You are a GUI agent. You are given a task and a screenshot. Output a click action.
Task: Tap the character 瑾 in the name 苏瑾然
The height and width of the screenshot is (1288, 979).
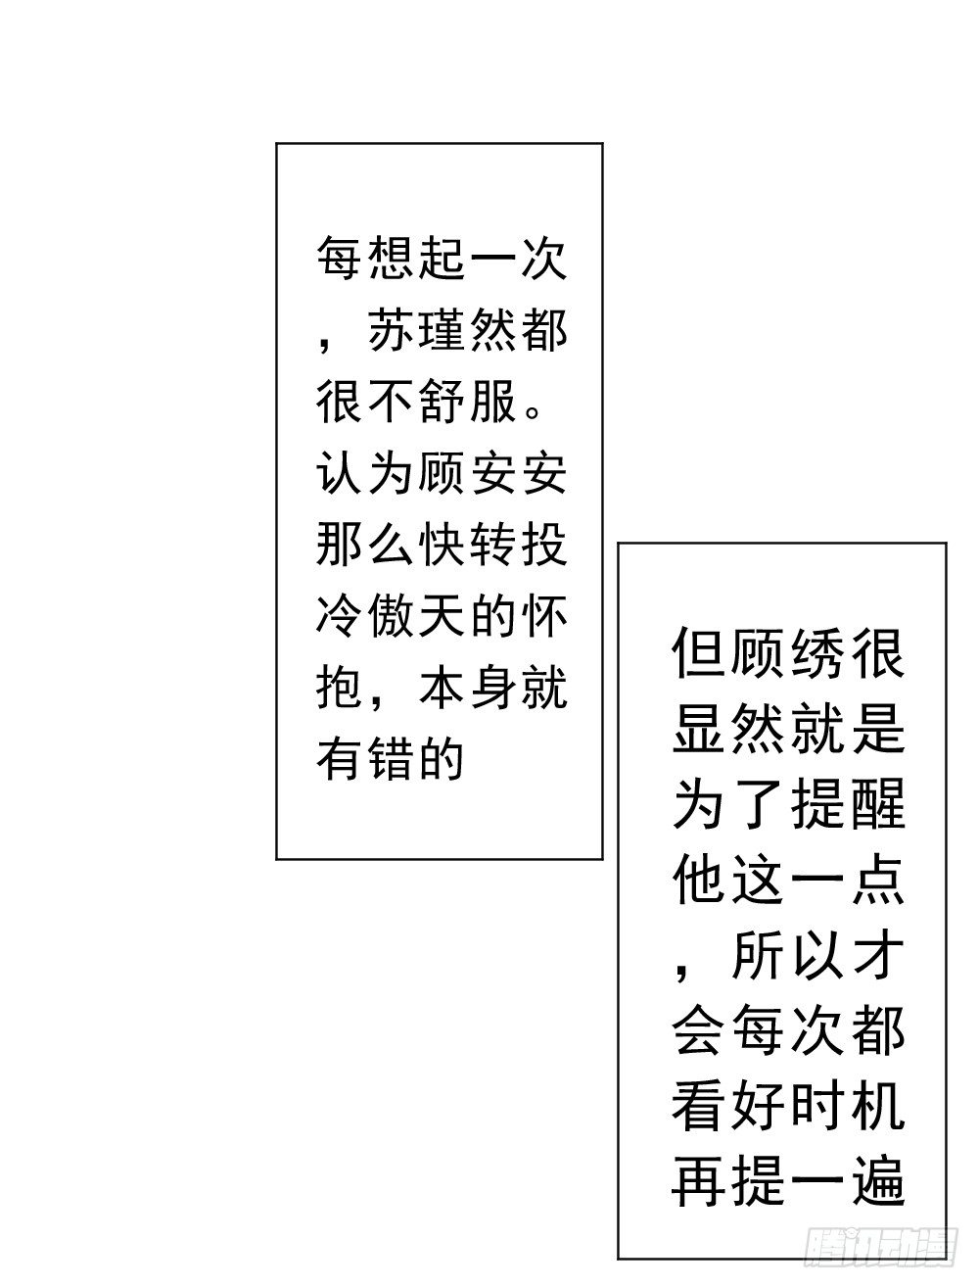click(x=443, y=334)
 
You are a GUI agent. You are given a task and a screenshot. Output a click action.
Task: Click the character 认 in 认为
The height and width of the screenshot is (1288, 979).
click(x=341, y=474)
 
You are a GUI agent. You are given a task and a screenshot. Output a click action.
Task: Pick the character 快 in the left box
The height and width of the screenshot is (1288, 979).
click(x=443, y=545)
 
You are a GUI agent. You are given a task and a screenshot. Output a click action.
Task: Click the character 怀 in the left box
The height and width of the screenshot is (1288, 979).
click(x=543, y=615)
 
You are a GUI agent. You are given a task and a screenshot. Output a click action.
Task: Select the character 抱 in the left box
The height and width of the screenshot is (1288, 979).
click(x=341, y=686)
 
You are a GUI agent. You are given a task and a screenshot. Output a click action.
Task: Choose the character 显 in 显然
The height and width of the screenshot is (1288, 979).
click(x=699, y=729)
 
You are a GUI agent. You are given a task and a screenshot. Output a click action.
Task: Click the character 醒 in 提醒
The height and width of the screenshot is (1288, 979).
click(x=875, y=805)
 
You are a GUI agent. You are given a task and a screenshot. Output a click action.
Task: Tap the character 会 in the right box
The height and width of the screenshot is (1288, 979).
click(x=699, y=1030)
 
